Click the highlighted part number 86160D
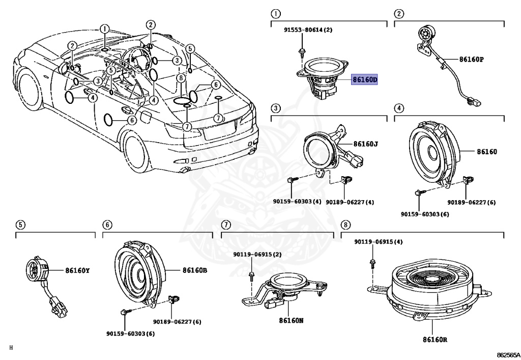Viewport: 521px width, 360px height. tap(365, 80)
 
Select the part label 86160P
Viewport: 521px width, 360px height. tap(471, 60)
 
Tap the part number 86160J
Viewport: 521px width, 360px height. tap(365, 144)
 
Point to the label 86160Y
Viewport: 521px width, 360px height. tap(77, 270)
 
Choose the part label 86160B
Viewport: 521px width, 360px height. tap(194, 270)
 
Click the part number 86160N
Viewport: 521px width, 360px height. tap(291, 321)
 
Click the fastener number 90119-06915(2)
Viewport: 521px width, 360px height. tap(257, 254)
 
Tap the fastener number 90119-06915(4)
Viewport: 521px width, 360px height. tap(379, 242)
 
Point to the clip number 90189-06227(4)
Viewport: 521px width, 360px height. tap(350, 202)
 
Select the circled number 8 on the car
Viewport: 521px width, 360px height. tap(181, 78)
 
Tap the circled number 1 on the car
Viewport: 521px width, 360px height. tap(104, 29)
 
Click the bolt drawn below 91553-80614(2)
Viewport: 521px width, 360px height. tap(302, 50)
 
